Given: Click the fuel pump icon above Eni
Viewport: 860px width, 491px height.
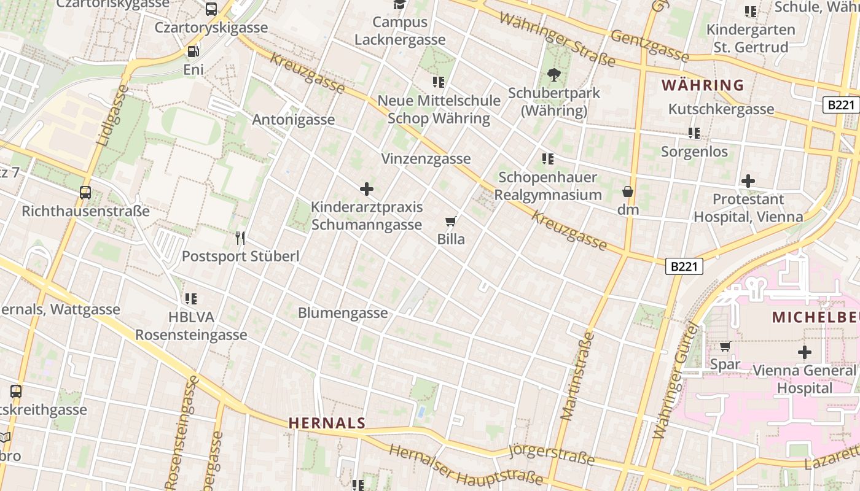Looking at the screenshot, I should coord(193,52).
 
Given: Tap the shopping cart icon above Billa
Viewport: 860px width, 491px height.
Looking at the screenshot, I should coord(451,222).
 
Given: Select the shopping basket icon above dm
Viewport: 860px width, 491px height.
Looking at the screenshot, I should coord(628,192).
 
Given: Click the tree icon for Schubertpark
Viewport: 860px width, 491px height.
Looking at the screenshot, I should coord(554,75).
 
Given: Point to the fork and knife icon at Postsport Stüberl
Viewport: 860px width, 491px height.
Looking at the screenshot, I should coord(240,238).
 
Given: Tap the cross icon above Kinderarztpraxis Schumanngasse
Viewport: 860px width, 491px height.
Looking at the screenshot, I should coord(367,189).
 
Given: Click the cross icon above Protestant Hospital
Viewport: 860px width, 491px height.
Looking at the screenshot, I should coord(748,181).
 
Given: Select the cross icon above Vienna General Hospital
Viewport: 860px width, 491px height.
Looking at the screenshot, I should coord(804,352).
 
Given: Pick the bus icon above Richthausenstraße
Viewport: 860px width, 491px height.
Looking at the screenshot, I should coord(85,193).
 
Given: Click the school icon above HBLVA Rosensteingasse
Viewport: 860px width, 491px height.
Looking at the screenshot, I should coord(191,299).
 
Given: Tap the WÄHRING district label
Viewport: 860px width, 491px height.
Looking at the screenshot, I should coord(702,85).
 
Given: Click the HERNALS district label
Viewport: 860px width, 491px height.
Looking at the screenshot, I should coord(327,423).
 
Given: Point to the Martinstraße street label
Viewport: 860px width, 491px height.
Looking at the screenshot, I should coord(577,376).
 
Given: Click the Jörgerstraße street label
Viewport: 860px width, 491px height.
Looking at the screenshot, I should coord(552,455).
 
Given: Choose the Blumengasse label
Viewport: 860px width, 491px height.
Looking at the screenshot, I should coord(343,313).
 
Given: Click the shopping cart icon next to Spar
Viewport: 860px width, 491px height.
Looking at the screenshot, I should coord(725,347).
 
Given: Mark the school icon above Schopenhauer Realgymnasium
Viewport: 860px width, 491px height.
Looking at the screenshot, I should coord(548,160).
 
